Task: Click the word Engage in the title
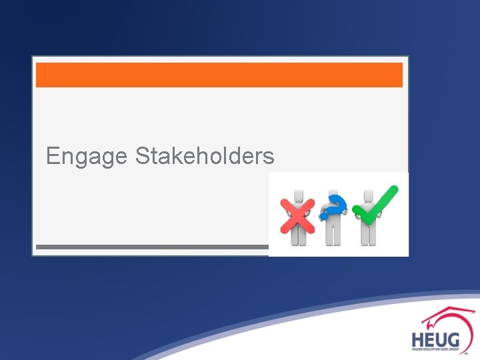[x=86, y=157]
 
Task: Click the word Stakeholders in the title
[x=205, y=156]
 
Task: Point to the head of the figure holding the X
[x=299, y=194]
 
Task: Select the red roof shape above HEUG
[x=445, y=317]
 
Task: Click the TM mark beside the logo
[x=467, y=354]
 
